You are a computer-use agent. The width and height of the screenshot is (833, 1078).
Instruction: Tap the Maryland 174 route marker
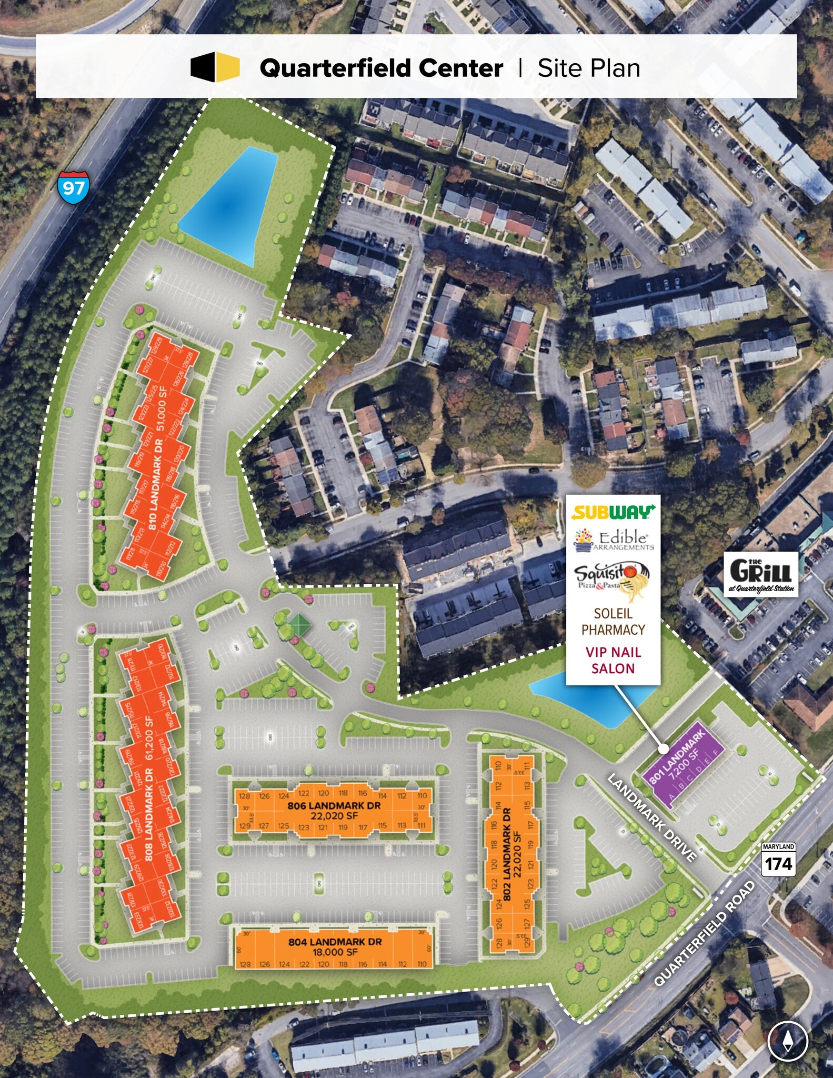pyautogui.click(x=778, y=859)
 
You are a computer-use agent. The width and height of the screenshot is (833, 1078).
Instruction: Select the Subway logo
pyautogui.click(x=613, y=512)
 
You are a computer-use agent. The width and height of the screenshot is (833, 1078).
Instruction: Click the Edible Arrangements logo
pyautogui.click(x=614, y=540)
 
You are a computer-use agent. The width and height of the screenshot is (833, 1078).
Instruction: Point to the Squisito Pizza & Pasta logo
pyautogui.click(x=612, y=581)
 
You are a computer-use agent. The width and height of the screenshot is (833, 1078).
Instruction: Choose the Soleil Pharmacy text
pyautogui.click(x=613, y=622)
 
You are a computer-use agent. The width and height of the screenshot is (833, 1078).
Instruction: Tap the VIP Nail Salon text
pyautogui.click(x=613, y=660)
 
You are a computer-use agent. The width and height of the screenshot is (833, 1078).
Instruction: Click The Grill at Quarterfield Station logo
pyautogui.click(x=761, y=574)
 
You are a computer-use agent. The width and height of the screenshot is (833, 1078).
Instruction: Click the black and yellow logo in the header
pyautogui.click(x=215, y=67)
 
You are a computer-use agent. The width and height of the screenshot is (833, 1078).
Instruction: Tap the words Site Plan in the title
pyautogui.click(x=588, y=68)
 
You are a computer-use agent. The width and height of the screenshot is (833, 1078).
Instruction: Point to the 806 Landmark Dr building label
pyautogui.click(x=334, y=806)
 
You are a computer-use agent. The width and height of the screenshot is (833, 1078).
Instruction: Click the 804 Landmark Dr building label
pyautogui.click(x=335, y=942)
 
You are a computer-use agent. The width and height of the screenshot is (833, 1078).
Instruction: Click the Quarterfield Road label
pyautogui.click(x=704, y=933)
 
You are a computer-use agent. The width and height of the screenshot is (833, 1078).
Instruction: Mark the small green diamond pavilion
pyautogui.click(x=298, y=624)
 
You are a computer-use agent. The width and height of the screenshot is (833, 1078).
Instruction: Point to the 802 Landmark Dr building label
pyautogui.click(x=507, y=852)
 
